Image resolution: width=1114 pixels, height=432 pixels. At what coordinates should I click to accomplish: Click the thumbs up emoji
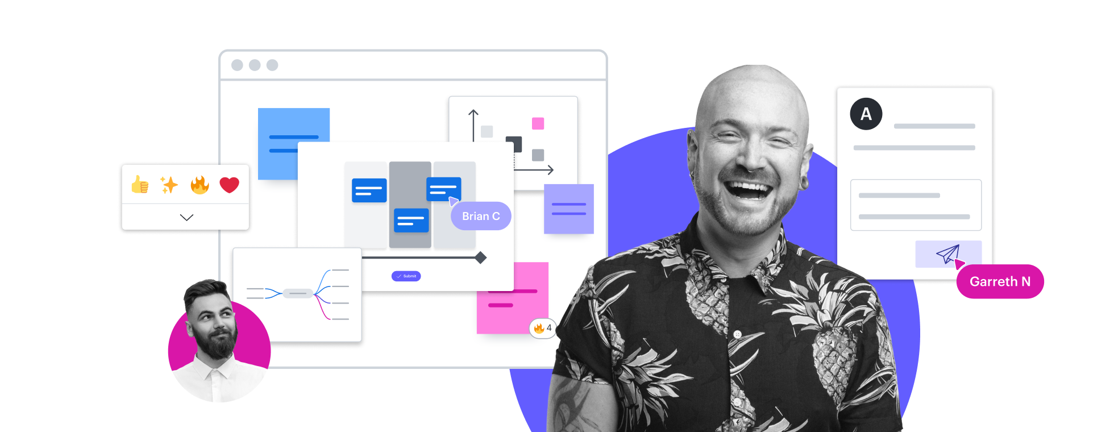tap(140, 185)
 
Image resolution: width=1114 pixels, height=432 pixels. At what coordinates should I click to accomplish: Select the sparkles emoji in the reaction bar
tap(169, 185)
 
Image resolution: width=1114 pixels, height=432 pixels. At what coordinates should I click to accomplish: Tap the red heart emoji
tap(230, 185)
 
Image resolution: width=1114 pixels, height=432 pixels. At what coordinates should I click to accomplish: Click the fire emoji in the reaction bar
tap(199, 185)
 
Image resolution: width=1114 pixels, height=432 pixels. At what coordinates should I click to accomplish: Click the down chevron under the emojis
tap(186, 217)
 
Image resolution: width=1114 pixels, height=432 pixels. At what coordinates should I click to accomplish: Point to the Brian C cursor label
tap(481, 216)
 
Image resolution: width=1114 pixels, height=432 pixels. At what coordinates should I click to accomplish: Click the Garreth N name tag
tap(1000, 281)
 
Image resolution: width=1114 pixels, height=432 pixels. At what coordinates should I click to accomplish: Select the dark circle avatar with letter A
tap(866, 114)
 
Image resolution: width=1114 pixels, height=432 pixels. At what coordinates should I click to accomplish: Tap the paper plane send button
tap(948, 254)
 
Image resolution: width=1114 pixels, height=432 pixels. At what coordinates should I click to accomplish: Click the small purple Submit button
tap(406, 276)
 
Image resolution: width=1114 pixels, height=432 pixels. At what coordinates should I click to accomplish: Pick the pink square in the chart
tap(538, 123)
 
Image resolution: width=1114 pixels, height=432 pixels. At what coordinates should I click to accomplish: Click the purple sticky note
tap(568, 209)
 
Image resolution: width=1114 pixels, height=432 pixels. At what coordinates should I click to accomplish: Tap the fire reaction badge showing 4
tap(542, 328)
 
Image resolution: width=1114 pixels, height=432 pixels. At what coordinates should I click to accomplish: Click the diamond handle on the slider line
tap(481, 257)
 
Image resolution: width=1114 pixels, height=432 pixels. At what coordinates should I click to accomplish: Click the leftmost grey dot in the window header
tap(237, 65)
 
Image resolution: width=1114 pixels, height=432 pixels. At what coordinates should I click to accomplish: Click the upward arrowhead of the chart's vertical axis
tap(473, 113)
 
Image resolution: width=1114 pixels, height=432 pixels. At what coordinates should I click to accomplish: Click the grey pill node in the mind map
tap(298, 293)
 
